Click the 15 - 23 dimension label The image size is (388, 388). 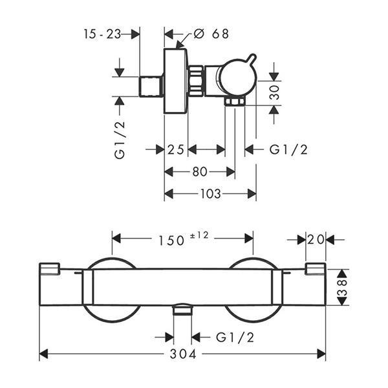pos(102,34)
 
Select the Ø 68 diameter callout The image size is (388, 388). pos(211,34)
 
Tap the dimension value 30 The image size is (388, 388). pos(274,92)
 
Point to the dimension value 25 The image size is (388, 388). pos(176,150)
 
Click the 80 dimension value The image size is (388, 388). pos(200,171)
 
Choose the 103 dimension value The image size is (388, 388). pos(210,193)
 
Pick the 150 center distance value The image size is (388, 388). pos(171,241)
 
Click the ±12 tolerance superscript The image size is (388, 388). pos(199,235)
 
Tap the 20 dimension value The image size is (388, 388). pos(316,239)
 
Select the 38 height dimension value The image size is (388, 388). pos(343,287)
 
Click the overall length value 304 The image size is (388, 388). pos(183,354)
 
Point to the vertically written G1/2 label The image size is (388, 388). pos(120,140)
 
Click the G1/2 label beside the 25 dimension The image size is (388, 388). pos(288,150)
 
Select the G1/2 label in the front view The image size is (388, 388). pos(235,338)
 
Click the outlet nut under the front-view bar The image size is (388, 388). pos(182,309)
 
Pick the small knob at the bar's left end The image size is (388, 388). pos(50,269)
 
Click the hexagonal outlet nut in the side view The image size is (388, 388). pos(235,102)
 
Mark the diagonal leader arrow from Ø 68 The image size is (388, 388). pos(184,40)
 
